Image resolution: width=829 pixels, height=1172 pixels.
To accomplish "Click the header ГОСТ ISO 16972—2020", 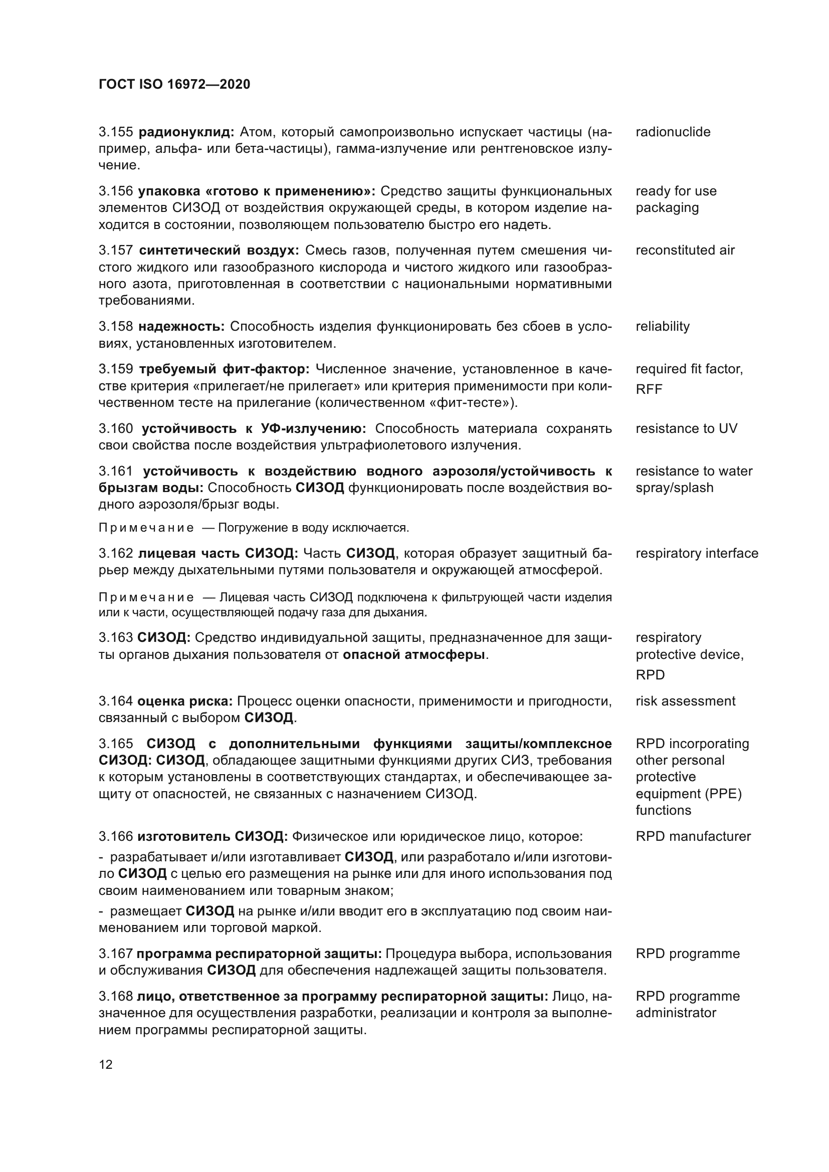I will pos(174,85).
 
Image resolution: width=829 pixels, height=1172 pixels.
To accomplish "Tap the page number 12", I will pos(106,1065).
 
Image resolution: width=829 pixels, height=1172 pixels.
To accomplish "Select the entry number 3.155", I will pos(115,132).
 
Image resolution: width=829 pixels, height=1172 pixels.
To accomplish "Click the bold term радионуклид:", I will pos(186,132).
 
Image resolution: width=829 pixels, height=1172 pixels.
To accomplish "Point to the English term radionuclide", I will pos(673,132).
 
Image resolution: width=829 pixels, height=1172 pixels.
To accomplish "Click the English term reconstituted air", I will pos(685,250).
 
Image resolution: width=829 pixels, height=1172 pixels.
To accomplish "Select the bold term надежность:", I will pos(181,327).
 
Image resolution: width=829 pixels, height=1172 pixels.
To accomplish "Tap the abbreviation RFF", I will pos(649,389).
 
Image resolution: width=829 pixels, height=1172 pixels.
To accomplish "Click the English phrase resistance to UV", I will pos(686,429).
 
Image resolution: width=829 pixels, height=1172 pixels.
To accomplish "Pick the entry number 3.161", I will pos(115,471).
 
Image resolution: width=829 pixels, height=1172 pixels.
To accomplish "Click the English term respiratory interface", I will pos(697,553).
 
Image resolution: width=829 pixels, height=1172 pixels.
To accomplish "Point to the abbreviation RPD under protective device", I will pos(650,675).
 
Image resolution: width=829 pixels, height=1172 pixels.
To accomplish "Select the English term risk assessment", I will pos(685,701).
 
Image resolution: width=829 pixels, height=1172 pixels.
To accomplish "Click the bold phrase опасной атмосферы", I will pos(413,655).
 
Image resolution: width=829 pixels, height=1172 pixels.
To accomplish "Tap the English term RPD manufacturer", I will pos(693,836).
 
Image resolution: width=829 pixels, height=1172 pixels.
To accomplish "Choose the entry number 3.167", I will pos(115,954).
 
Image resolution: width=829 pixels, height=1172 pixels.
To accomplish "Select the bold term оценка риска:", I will pos(185,701).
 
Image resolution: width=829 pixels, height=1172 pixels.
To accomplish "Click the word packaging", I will pos(667,208).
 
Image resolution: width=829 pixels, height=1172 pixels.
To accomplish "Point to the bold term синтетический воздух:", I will pos(219,251).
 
